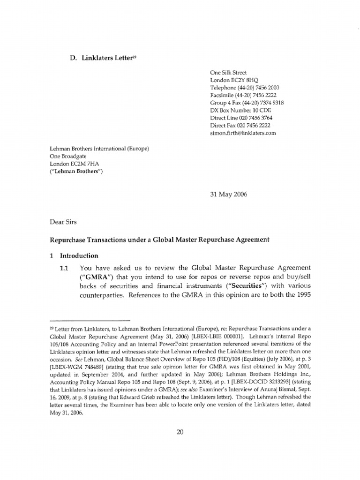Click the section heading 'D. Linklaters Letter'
(100, 58)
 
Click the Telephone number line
(245, 88)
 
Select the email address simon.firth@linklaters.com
(243, 133)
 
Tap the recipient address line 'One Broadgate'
(69, 157)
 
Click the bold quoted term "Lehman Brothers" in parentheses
(76, 172)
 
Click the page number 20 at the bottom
(180, 432)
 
